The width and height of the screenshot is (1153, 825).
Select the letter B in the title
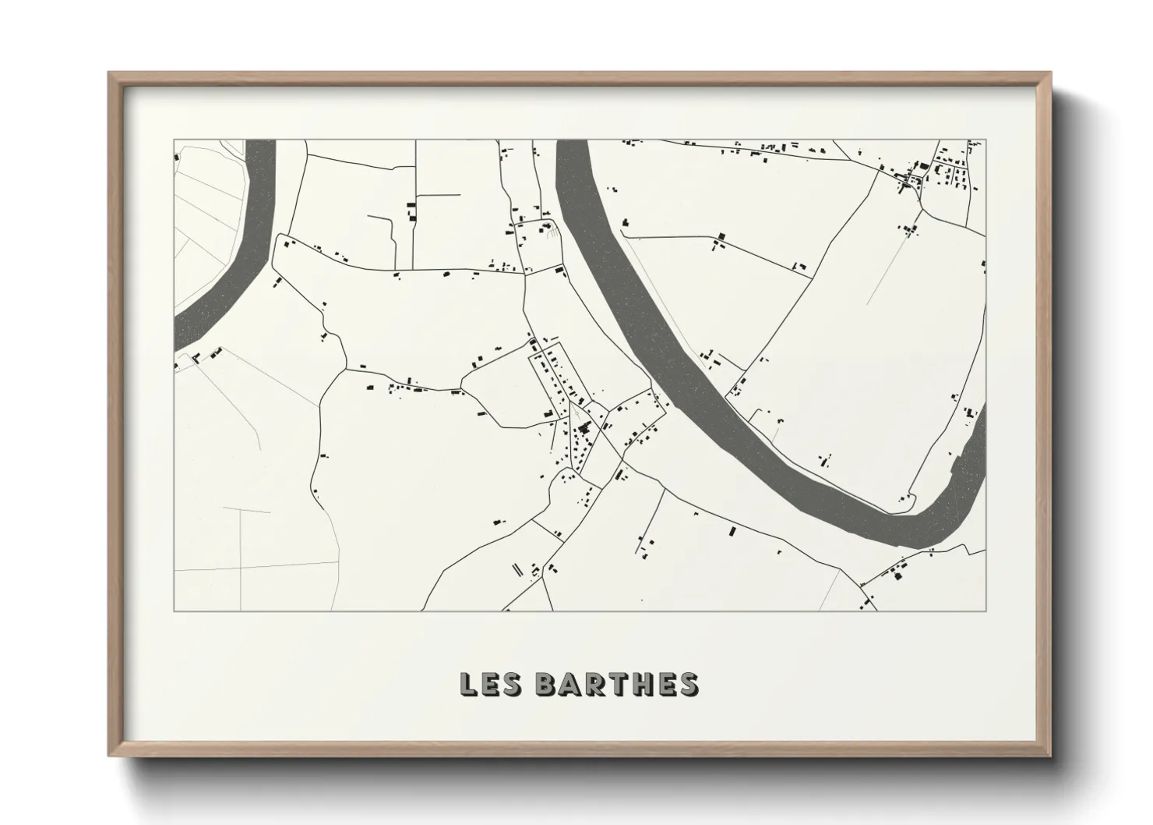(x=548, y=684)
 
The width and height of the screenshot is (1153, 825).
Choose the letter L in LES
(x=469, y=684)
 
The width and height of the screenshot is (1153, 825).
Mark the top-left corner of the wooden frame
(x=110, y=73)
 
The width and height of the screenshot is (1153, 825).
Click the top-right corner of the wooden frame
(x=1050, y=73)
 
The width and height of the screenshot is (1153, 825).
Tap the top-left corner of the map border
(x=174, y=140)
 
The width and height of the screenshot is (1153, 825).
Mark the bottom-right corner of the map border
(x=986, y=611)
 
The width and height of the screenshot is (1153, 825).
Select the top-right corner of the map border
(x=986, y=140)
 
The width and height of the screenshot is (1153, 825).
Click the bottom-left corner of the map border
(x=174, y=611)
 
